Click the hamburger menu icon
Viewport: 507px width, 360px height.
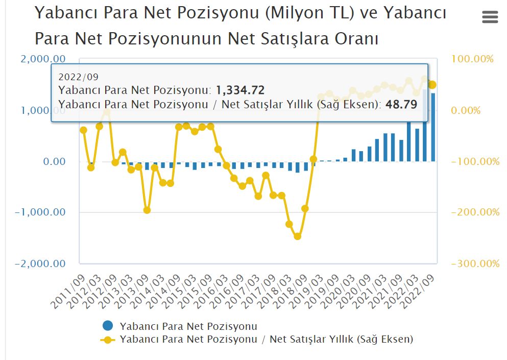pos(490,17)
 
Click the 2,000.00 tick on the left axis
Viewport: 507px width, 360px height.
pos(43,59)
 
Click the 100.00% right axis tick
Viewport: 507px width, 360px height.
pos(473,59)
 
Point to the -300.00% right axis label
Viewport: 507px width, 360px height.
pos(475,263)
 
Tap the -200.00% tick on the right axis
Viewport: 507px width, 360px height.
pos(475,212)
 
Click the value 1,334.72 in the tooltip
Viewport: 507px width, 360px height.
pos(240,90)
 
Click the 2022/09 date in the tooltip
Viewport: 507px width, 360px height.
pos(78,77)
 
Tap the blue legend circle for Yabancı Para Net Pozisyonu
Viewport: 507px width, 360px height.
pos(107,326)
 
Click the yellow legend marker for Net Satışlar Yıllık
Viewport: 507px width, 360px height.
pos(107,339)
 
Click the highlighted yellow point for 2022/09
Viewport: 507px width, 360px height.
pos(432,85)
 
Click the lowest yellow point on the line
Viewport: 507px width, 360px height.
pos(297,236)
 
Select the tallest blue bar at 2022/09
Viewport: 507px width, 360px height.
pos(433,128)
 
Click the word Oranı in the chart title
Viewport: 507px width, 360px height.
pos(356,38)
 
